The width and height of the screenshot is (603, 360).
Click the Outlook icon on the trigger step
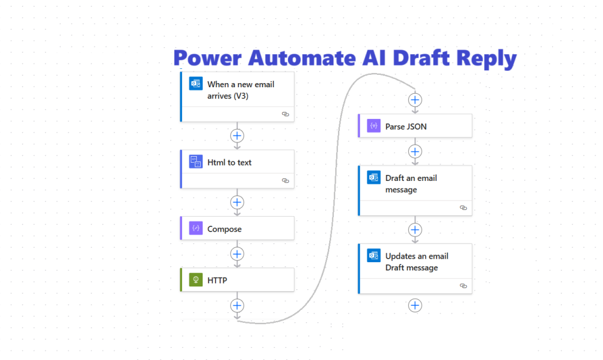click(196, 83)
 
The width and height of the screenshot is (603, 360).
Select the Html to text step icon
click(196, 161)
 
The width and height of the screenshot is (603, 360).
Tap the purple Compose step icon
click(196, 229)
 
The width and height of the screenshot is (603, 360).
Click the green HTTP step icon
click(196, 280)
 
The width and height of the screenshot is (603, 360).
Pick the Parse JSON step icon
click(373, 126)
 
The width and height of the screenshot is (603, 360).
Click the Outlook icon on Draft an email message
click(373, 177)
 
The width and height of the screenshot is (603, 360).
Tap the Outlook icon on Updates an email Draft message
click(373, 256)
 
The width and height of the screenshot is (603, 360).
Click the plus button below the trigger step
click(237, 136)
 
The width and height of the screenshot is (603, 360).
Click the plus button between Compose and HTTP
click(237, 254)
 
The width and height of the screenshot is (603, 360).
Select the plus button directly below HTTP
click(237, 305)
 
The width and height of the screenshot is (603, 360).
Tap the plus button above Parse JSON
click(415, 100)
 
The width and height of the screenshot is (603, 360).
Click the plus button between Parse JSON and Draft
click(415, 151)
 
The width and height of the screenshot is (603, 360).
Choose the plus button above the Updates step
click(415, 229)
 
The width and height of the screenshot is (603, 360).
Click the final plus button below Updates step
click(415, 305)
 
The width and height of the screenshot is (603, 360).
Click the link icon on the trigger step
click(285, 114)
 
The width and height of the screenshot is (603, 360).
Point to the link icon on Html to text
click(285, 181)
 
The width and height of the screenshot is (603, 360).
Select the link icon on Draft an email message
click(463, 208)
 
